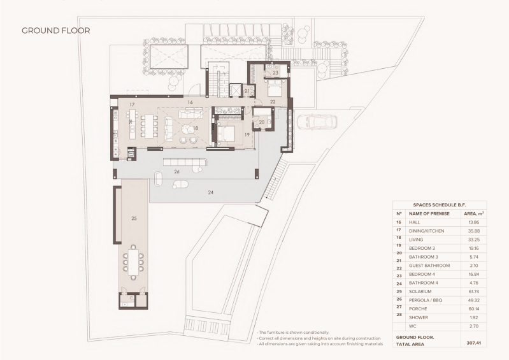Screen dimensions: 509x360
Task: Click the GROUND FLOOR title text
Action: (x=56, y=31)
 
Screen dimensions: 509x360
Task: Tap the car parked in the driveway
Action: (x=317, y=122)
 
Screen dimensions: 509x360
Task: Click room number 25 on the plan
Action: (x=134, y=219)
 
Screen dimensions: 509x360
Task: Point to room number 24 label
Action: (x=211, y=192)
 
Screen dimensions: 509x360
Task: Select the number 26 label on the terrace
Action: (x=177, y=172)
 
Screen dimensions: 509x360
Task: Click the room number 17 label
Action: (x=132, y=105)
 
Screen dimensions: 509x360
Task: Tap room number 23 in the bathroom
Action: (x=276, y=73)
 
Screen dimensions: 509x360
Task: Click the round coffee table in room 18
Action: (x=187, y=129)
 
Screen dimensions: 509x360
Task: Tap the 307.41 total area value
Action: (x=474, y=343)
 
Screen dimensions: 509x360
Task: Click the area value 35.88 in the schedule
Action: (x=474, y=231)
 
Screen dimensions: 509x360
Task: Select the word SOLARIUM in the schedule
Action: (x=420, y=292)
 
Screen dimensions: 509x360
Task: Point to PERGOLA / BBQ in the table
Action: (x=426, y=300)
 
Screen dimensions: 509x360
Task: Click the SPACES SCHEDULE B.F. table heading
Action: (x=440, y=205)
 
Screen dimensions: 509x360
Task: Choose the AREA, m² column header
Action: (x=474, y=213)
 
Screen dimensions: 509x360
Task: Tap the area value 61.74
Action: (x=474, y=292)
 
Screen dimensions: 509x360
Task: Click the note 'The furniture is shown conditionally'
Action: (x=294, y=333)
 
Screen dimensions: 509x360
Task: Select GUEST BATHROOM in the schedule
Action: (x=429, y=266)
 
